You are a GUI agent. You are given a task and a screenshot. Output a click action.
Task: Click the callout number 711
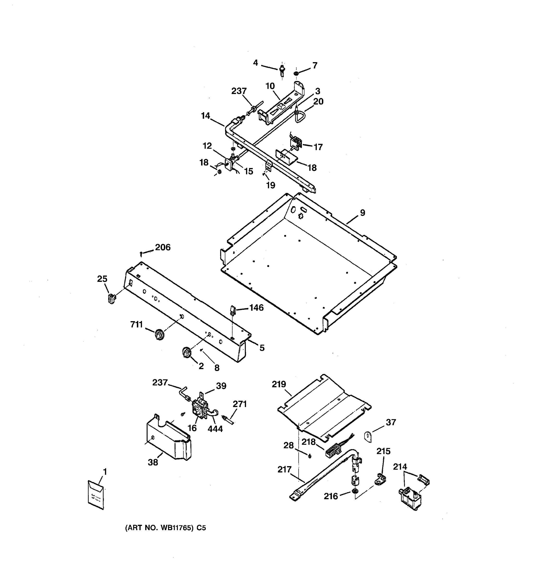(137, 324)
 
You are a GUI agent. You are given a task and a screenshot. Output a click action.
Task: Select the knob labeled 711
(159, 335)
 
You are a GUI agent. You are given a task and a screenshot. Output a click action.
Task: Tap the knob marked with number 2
(186, 353)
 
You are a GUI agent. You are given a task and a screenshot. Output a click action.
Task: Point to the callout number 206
(163, 247)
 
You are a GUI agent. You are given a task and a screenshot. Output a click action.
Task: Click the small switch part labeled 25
(111, 298)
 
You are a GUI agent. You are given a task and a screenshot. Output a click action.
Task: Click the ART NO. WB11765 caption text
(165, 528)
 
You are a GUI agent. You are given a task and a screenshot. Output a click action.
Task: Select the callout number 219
(279, 384)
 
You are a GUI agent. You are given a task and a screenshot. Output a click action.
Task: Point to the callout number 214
(400, 467)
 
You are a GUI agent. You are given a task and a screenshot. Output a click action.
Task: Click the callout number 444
(215, 429)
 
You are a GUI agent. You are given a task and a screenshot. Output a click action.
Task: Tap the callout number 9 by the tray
(362, 213)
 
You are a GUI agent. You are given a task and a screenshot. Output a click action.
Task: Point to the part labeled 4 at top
(282, 70)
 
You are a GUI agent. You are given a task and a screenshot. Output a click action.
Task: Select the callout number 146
(256, 307)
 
